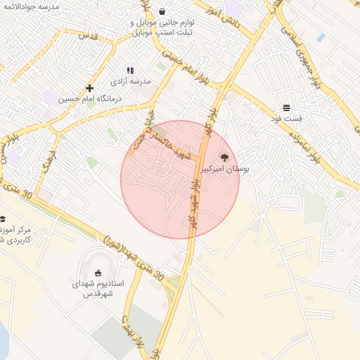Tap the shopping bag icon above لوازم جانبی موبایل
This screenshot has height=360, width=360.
(163, 11)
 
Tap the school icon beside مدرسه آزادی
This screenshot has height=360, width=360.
(130, 70)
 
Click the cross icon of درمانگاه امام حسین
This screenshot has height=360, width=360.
(89, 88)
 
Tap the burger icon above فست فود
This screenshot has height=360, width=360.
(287, 108)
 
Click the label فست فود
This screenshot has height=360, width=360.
(287, 119)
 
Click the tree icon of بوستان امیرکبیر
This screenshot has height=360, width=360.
(224, 157)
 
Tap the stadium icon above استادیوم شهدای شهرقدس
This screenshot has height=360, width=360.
(98, 273)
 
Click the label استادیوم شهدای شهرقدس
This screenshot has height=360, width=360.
(98, 288)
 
